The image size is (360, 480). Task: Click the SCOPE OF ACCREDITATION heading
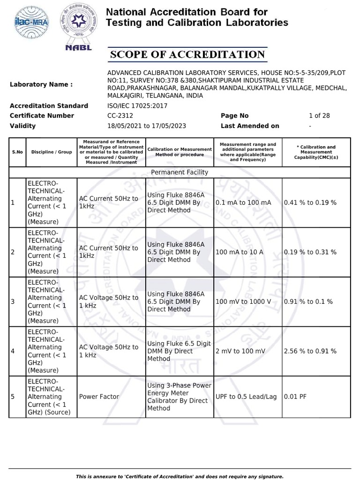tap(187, 55)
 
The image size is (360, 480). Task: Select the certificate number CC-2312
tap(120, 116)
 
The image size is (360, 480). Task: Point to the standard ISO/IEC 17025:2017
tap(137, 106)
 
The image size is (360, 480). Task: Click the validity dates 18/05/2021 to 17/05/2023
tap(147, 126)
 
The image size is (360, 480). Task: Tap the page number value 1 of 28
tap(319, 116)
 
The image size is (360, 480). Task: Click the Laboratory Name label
tap(41, 84)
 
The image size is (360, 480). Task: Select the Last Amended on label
tap(250, 126)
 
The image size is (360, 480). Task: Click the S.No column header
tap(17, 152)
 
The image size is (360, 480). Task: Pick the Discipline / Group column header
tap(52, 152)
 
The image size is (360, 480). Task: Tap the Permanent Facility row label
tap(180, 172)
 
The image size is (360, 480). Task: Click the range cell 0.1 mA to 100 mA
tap(243, 202)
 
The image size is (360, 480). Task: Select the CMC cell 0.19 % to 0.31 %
tap(310, 252)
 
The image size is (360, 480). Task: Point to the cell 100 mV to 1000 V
tap(243, 301)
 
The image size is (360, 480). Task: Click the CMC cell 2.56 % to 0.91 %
tap(310, 351)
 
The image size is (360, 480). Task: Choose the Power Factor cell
tap(99, 397)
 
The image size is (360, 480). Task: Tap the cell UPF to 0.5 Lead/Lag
tap(246, 397)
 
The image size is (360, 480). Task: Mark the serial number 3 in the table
tap(13, 301)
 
